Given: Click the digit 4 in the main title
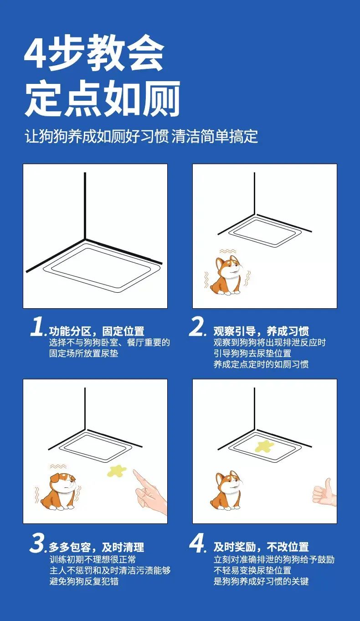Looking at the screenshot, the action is [x=35, y=52].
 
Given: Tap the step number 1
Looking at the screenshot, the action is [x=36, y=327].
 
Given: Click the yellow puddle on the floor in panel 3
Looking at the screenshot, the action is [x=116, y=471].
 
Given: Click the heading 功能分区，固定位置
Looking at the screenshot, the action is [x=97, y=331].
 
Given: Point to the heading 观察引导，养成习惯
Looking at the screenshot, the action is [x=261, y=331].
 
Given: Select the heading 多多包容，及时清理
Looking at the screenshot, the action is [x=97, y=547].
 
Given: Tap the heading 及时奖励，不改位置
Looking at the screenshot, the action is [x=261, y=547].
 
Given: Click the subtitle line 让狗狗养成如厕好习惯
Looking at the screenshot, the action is [x=97, y=136].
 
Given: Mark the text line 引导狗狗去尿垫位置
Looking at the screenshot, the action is [x=252, y=353].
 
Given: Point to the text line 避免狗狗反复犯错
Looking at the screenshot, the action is [x=84, y=581].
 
